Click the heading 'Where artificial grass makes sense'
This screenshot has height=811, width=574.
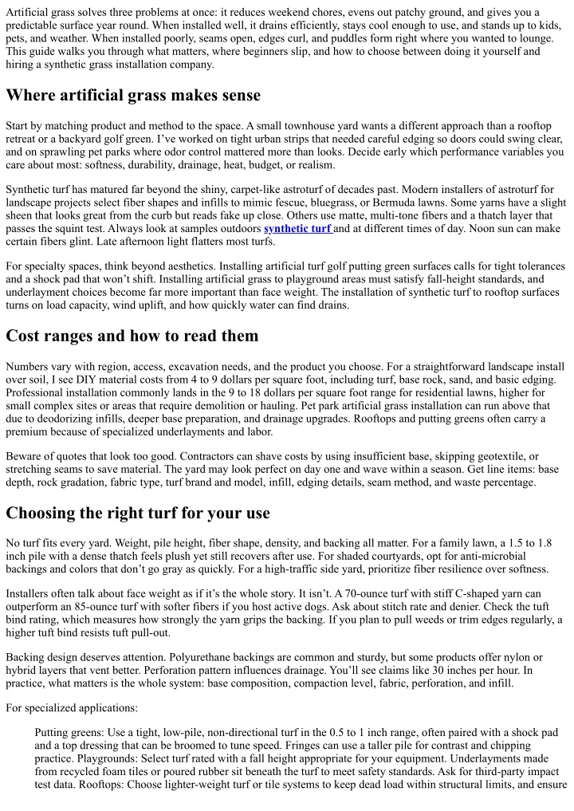click(133, 96)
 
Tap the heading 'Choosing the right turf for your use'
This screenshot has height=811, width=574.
click(138, 512)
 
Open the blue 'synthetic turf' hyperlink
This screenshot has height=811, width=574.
click(297, 229)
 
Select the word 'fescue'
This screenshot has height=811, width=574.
click(292, 202)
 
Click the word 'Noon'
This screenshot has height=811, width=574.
click(469, 229)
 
